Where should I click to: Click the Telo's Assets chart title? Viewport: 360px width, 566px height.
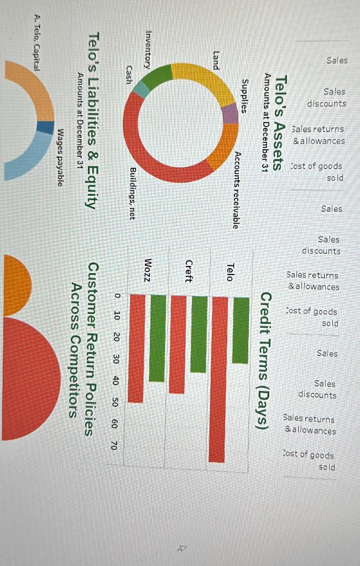[x=281, y=123]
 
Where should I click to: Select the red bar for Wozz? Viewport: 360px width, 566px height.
[x=137, y=348]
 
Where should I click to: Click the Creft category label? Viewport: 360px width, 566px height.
[x=189, y=271]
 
